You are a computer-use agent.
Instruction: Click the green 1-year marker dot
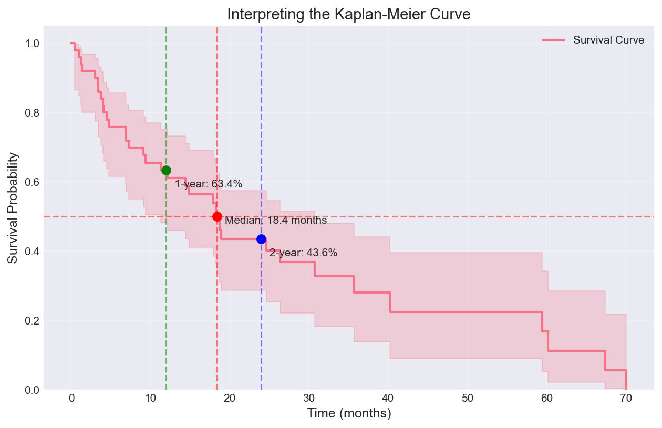[166, 170]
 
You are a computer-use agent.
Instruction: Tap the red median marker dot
[217, 216]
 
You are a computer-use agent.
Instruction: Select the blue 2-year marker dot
[261, 239]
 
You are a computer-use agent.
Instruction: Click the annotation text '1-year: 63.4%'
[208, 184]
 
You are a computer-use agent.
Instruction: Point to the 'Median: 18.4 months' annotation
[276, 221]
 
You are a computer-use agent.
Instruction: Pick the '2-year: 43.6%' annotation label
[303, 253]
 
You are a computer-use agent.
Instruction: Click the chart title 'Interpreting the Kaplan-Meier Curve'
[349, 15]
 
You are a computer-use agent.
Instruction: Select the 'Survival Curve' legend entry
[608, 40]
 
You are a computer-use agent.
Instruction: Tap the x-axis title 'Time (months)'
[349, 414]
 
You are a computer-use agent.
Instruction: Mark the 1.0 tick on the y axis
[32, 43]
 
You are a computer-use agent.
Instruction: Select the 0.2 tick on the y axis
[32, 320]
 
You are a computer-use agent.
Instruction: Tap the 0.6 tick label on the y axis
[32, 182]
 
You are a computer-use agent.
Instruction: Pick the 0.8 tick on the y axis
[32, 112]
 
